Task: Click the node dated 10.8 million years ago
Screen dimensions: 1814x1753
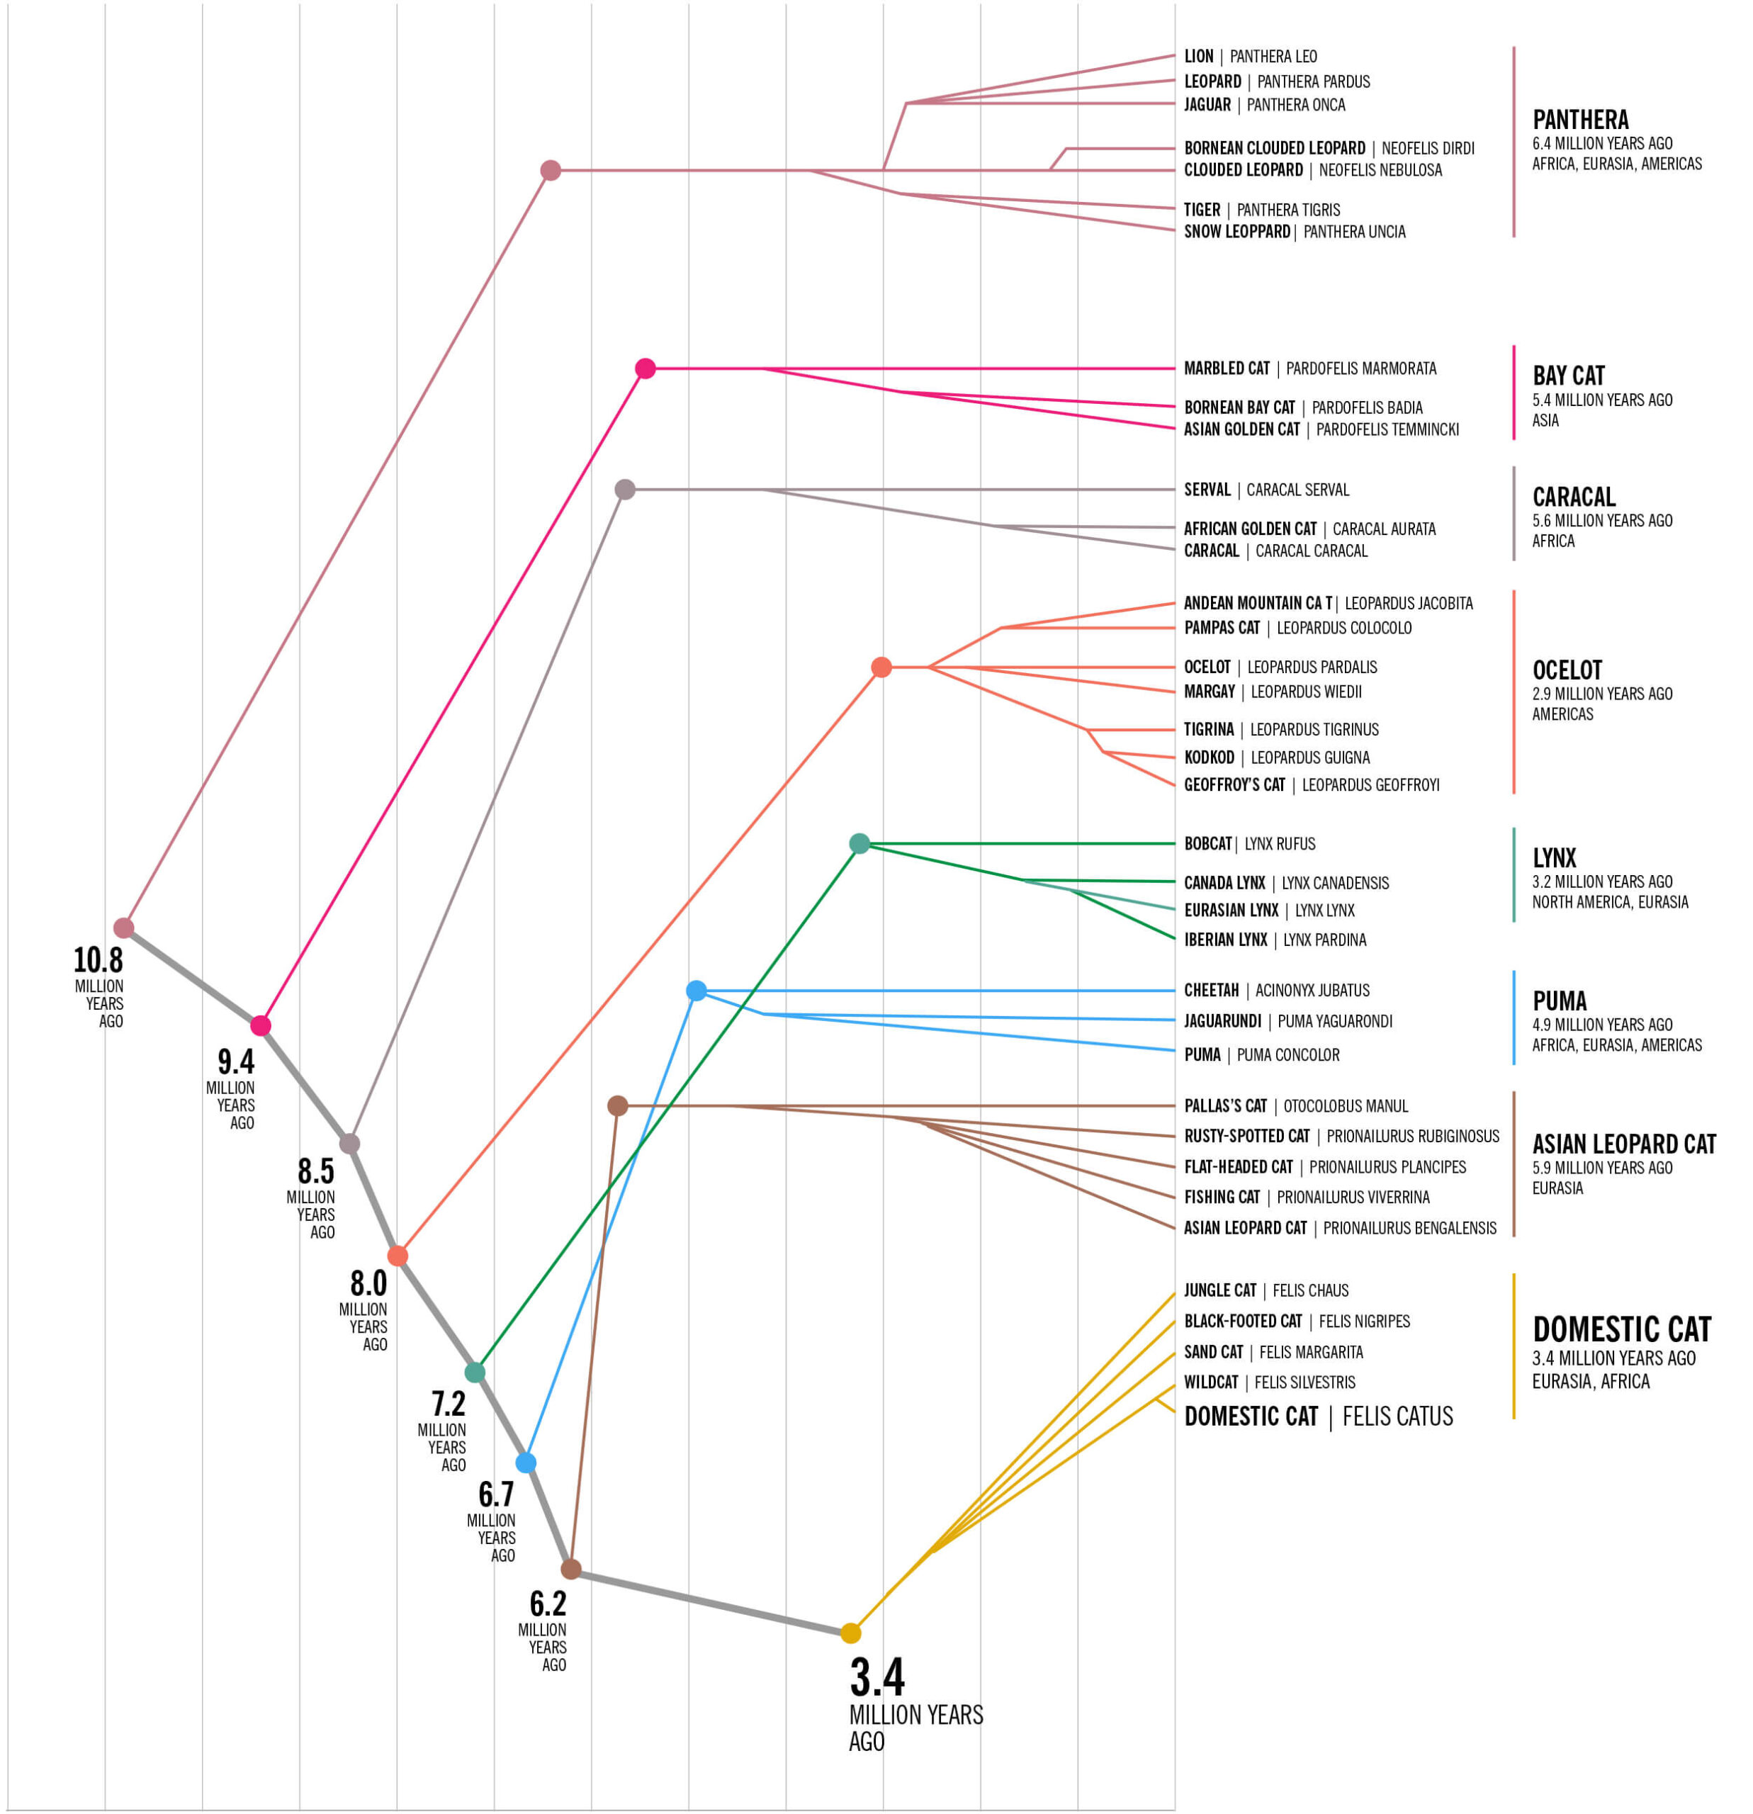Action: coord(123,928)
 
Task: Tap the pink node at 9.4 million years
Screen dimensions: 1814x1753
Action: coord(261,1025)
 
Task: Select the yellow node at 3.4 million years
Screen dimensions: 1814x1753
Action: coord(850,1633)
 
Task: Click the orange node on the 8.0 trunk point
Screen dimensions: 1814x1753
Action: coord(397,1256)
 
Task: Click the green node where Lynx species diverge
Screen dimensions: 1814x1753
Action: coord(859,843)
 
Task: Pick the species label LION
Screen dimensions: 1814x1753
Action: coord(1199,57)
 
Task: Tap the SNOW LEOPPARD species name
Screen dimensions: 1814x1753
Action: coord(1236,232)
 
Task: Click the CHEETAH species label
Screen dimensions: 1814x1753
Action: coord(1211,991)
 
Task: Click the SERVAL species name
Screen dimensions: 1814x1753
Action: coord(1207,490)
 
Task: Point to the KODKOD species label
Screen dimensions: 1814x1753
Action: coord(1209,757)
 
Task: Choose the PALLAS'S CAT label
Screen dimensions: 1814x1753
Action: coord(1225,1106)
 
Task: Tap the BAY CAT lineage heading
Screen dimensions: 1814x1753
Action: coord(1568,376)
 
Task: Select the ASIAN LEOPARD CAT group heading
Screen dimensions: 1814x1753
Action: coord(1623,1145)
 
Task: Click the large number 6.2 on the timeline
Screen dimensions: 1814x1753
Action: coord(548,1603)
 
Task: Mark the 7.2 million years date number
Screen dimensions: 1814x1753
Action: coord(448,1404)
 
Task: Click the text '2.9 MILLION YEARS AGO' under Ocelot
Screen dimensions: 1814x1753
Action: coord(1601,694)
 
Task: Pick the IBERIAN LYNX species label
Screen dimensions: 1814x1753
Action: coord(1225,940)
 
